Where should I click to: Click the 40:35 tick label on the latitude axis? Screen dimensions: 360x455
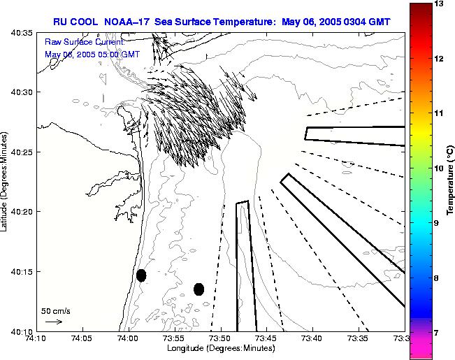click(22, 33)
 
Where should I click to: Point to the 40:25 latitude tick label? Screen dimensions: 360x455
click(22, 152)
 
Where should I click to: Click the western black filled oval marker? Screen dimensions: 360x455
click(141, 275)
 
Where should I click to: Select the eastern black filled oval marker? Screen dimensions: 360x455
click(199, 289)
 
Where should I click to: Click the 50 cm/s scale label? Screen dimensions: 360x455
click(56, 310)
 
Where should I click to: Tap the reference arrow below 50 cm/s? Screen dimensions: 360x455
click(53, 322)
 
